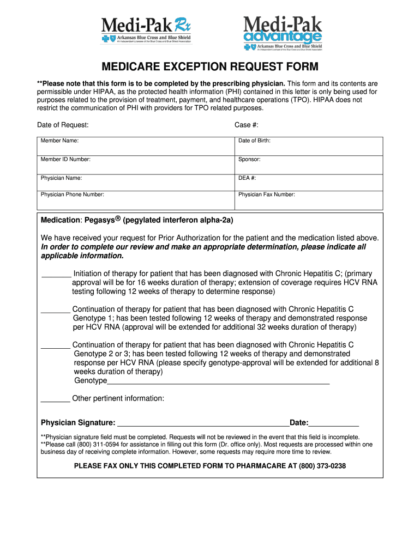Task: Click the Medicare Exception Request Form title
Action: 209,67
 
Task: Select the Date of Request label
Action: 63,125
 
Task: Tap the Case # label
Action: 246,125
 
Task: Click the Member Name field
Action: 136,145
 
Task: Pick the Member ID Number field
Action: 136,164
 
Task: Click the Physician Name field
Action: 136,182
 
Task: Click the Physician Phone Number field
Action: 136,200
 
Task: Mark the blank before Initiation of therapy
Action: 56,274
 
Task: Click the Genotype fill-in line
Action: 218,381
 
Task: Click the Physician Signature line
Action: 203,423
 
